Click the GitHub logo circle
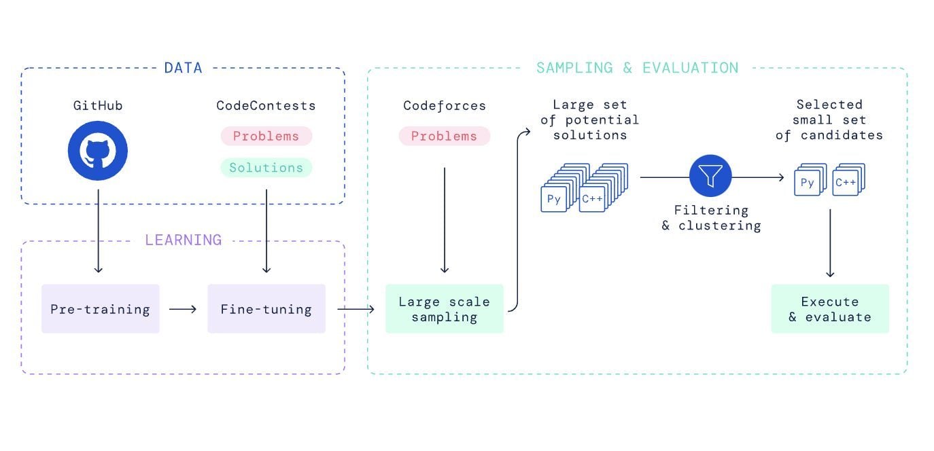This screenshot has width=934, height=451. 98,151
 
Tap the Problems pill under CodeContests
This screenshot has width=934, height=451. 266,136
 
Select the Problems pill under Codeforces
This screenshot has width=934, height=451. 444,136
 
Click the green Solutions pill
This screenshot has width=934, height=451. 266,167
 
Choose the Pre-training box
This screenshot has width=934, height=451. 101,308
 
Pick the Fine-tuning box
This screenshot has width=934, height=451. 266,308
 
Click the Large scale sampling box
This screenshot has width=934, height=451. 445,308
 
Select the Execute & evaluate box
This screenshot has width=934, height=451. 830,308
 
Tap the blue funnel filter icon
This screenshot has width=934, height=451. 710,176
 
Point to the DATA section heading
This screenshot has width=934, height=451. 183,68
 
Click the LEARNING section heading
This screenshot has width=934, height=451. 183,240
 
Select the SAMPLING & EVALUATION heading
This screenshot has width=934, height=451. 637,68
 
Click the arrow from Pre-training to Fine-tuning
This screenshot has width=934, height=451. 183,309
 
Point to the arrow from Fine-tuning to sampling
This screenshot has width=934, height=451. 356,309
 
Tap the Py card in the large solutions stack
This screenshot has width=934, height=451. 554,200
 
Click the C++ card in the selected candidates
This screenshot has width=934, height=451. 846,183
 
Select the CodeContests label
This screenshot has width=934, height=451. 266,105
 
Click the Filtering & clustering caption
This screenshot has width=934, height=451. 711,218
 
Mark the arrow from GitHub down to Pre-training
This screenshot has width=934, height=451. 99,231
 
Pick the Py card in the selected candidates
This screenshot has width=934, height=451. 808,183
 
